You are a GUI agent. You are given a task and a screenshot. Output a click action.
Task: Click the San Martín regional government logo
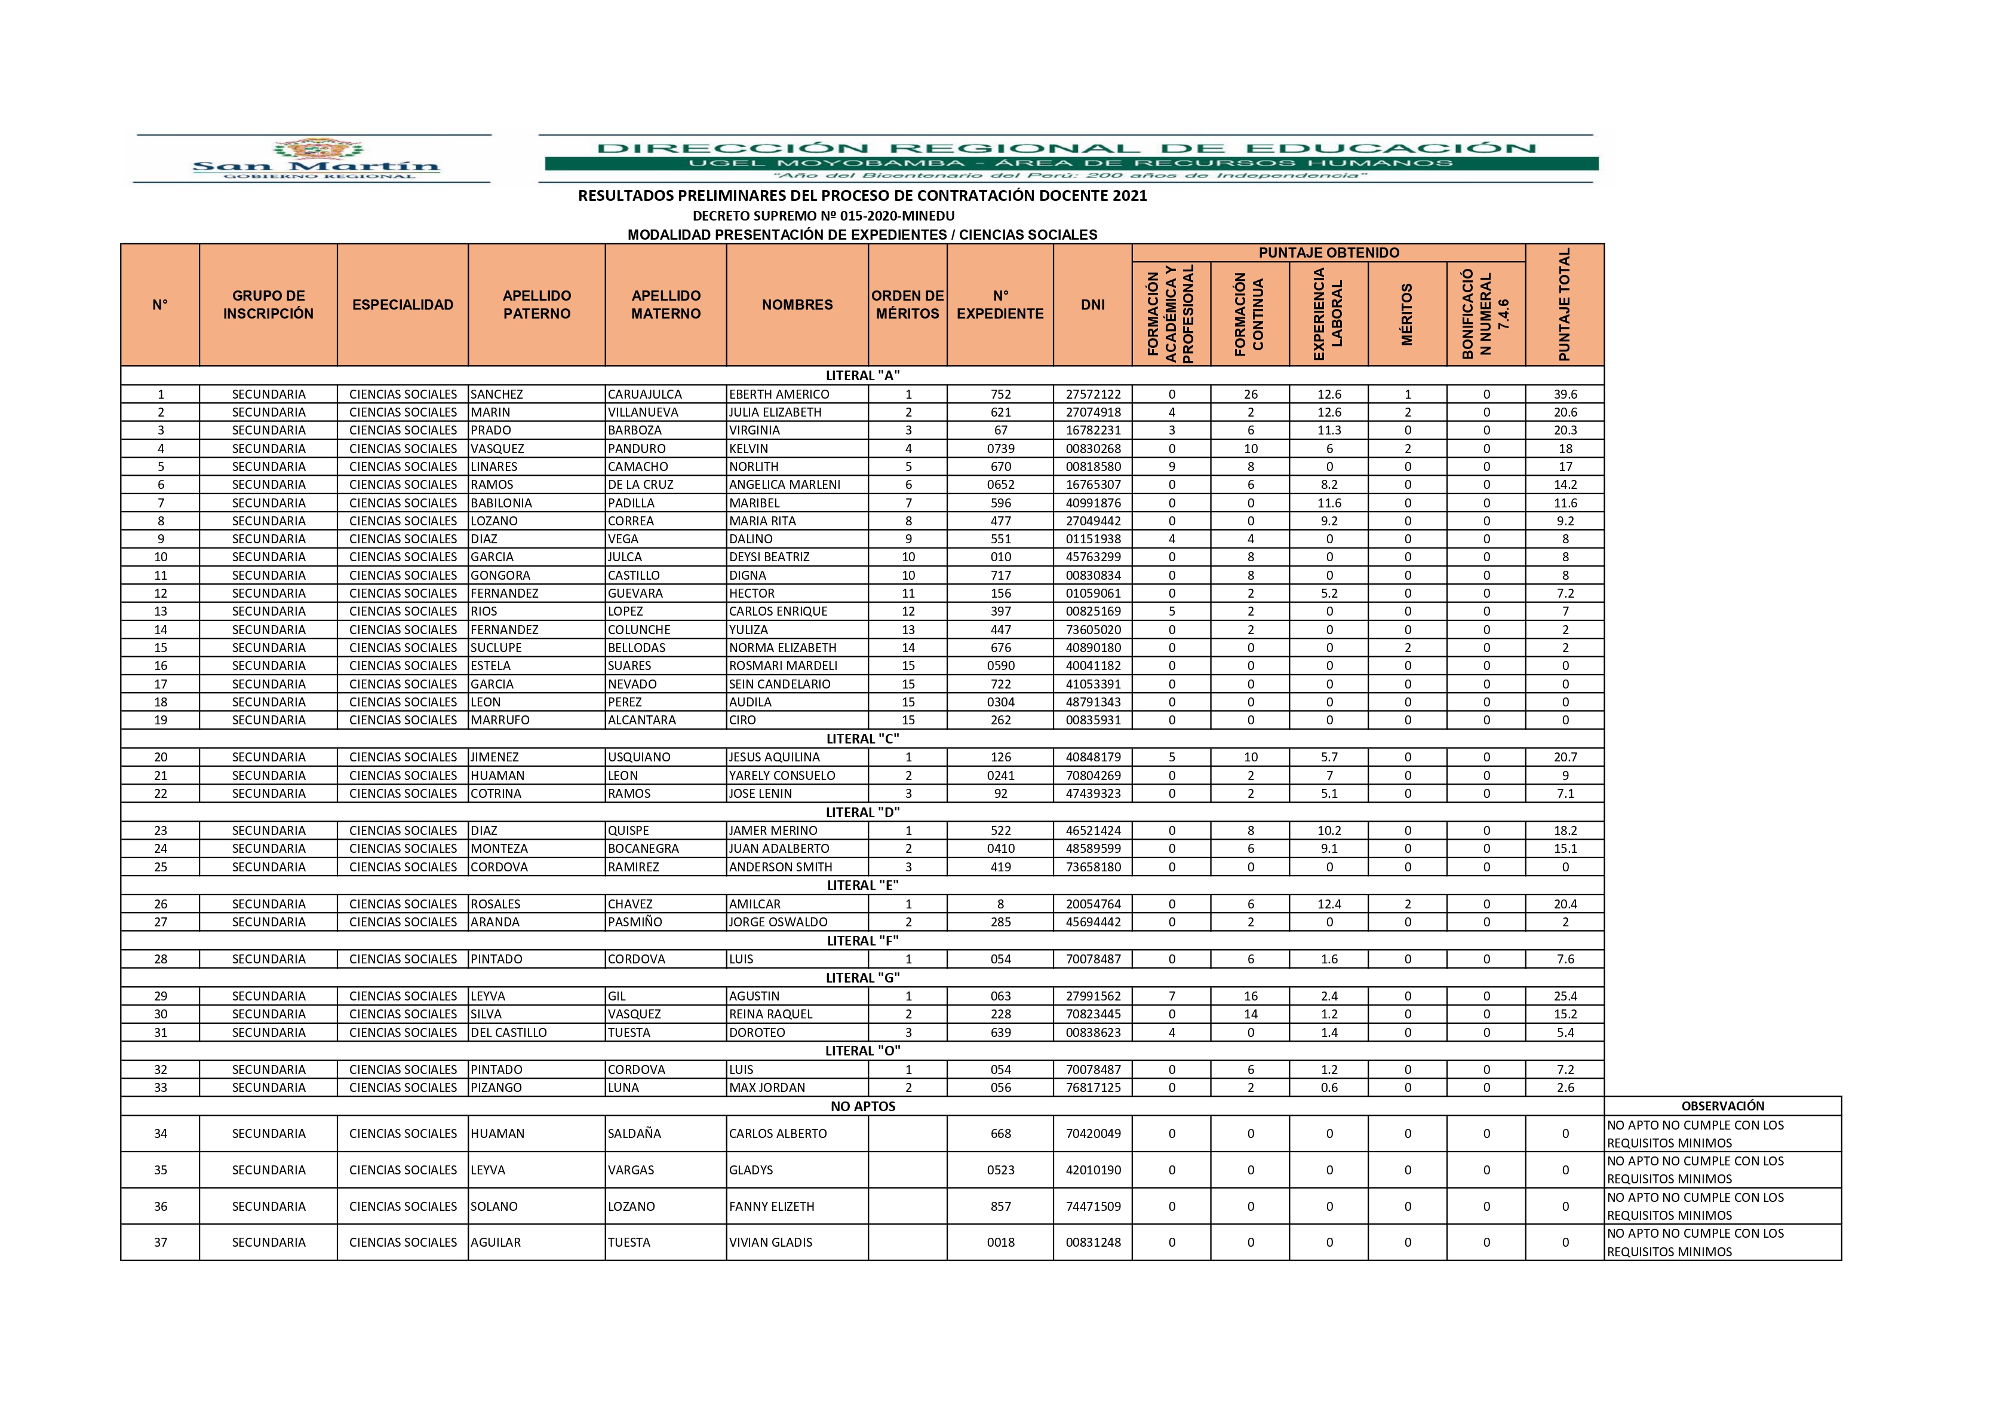314,158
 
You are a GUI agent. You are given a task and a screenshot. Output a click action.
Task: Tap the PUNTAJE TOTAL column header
1564,305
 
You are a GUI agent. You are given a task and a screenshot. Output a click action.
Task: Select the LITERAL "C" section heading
863,739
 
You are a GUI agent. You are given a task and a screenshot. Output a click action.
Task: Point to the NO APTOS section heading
863,1106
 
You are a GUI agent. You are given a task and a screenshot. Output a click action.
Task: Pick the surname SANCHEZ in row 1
497,394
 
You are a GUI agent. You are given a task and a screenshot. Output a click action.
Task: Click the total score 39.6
1565,394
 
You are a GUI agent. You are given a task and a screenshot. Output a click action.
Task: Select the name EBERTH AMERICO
778,394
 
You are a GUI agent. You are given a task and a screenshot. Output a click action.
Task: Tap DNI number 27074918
1093,412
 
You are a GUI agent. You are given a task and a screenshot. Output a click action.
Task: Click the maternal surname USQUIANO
639,757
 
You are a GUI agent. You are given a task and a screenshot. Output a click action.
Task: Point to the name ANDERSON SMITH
780,867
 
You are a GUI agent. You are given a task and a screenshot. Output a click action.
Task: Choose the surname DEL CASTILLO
509,1033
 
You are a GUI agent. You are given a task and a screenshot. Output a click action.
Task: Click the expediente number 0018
1000,1243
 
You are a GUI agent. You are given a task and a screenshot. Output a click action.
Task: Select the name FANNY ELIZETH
772,1207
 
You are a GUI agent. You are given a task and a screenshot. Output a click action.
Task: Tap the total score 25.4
1565,996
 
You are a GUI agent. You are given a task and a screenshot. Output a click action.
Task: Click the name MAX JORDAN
767,1087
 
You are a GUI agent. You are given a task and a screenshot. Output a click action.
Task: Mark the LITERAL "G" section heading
863,977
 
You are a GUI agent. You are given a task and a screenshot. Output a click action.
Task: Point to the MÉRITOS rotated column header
1407,314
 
